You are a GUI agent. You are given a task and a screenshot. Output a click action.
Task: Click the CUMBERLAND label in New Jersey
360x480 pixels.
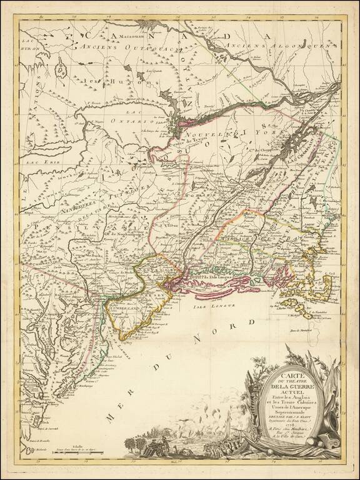[127, 308]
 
